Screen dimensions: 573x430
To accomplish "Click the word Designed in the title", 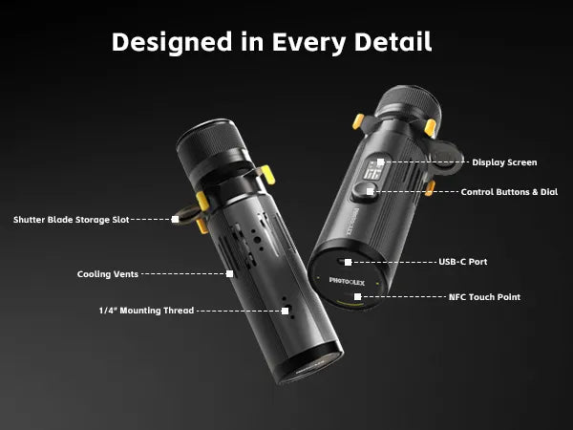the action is [x=172, y=43].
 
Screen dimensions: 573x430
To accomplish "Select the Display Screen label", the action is [x=504, y=162].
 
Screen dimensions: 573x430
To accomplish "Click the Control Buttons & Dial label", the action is [x=509, y=192].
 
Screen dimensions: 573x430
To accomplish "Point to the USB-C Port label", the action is [x=462, y=262].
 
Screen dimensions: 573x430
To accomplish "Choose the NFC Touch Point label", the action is [x=484, y=297].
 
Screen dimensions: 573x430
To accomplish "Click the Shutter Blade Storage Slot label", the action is [x=72, y=220].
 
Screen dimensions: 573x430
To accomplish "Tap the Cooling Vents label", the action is [x=107, y=274].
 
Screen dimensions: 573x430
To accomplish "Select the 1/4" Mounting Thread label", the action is [x=146, y=311].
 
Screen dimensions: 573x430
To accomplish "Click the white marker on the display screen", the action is [x=381, y=162].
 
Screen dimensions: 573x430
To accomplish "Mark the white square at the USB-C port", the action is [x=349, y=262].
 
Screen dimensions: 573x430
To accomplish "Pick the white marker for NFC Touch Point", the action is [x=358, y=297].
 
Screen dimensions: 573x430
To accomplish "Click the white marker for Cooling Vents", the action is [x=230, y=274].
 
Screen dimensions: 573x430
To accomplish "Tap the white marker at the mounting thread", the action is [x=285, y=312].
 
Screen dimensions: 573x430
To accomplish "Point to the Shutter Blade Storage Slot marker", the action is [x=176, y=220].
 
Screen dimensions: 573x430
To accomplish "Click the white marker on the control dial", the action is [x=371, y=192].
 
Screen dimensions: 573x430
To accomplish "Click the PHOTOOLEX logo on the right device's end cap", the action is [x=347, y=281].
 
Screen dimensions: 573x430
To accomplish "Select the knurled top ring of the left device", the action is [x=211, y=141].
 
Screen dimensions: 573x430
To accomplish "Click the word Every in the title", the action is [x=308, y=43].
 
